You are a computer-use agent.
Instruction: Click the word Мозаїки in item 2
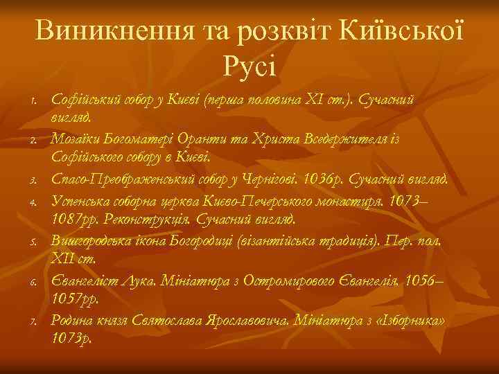coord(73,141)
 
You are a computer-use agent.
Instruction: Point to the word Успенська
coord(78,201)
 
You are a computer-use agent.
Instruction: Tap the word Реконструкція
coord(143,220)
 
